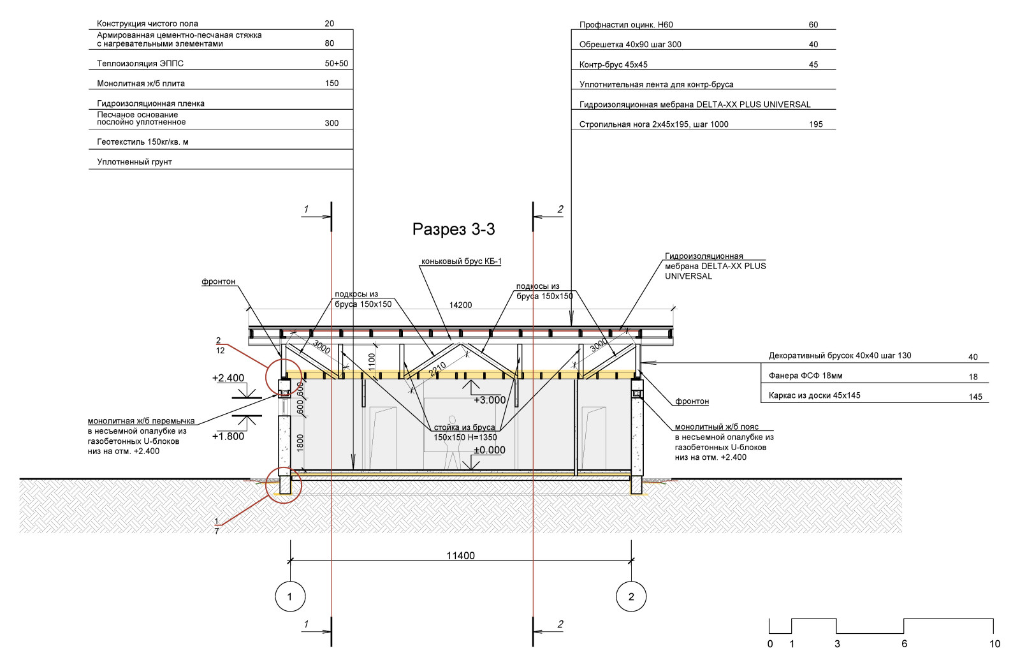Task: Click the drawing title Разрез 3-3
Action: pyautogui.click(x=453, y=230)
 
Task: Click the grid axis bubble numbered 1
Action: pyautogui.click(x=290, y=597)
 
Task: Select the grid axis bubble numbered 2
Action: pyautogui.click(x=631, y=597)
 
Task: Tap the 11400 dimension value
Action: pyautogui.click(x=460, y=555)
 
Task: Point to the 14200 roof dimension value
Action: pyautogui.click(x=460, y=305)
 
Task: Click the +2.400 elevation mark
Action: pyautogui.click(x=228, y=378)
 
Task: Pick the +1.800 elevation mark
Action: pyautogui.click(x=228, y=436)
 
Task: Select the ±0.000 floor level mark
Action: pyautogui.click(x=489, y=450)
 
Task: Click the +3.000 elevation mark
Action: pyautogui.click(x=489, y=400)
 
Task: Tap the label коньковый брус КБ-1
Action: pyautogui.click(x=461, y=261)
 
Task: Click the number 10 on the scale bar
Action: pyautogui.click(x=994, y=644)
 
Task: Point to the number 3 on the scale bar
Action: pyautogui.click(x=837, y=644)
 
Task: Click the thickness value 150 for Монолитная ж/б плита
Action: pyautogui.click(x=331, y=84)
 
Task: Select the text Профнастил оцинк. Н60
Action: pyautogui.click(x=625, y=25)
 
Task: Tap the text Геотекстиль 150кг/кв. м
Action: pyautogui.click(x=142, y=142)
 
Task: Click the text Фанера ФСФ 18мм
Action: pyautogui.click(x=805, y=376)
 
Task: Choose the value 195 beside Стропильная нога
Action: pyautogui.click(x=816, y=124)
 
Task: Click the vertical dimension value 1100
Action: pyautogui.click(x=372, y=362)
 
